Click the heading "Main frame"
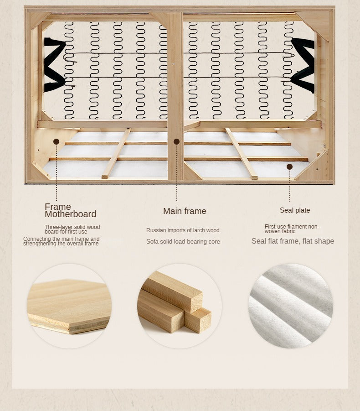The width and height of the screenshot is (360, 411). (185, 211)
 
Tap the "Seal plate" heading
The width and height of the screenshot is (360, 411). (295, 210)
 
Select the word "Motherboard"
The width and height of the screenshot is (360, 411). (71, 214)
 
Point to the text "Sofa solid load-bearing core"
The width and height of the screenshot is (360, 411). (183, 241)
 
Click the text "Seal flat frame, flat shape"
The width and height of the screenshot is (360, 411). (293, 241)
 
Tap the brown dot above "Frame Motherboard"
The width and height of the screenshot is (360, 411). (56, 141)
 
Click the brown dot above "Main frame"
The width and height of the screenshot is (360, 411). (176, 141)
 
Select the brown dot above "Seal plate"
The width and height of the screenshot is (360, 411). (289, 166)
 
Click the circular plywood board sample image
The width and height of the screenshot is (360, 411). (69, 306)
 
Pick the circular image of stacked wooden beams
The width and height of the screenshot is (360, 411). (180, 306)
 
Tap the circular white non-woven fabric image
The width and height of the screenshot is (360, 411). (290, 306)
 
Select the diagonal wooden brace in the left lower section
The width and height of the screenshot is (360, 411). (116, 153)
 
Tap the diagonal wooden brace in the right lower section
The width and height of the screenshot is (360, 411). (241, 154)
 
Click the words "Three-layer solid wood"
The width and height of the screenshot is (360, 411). (72, 227)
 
